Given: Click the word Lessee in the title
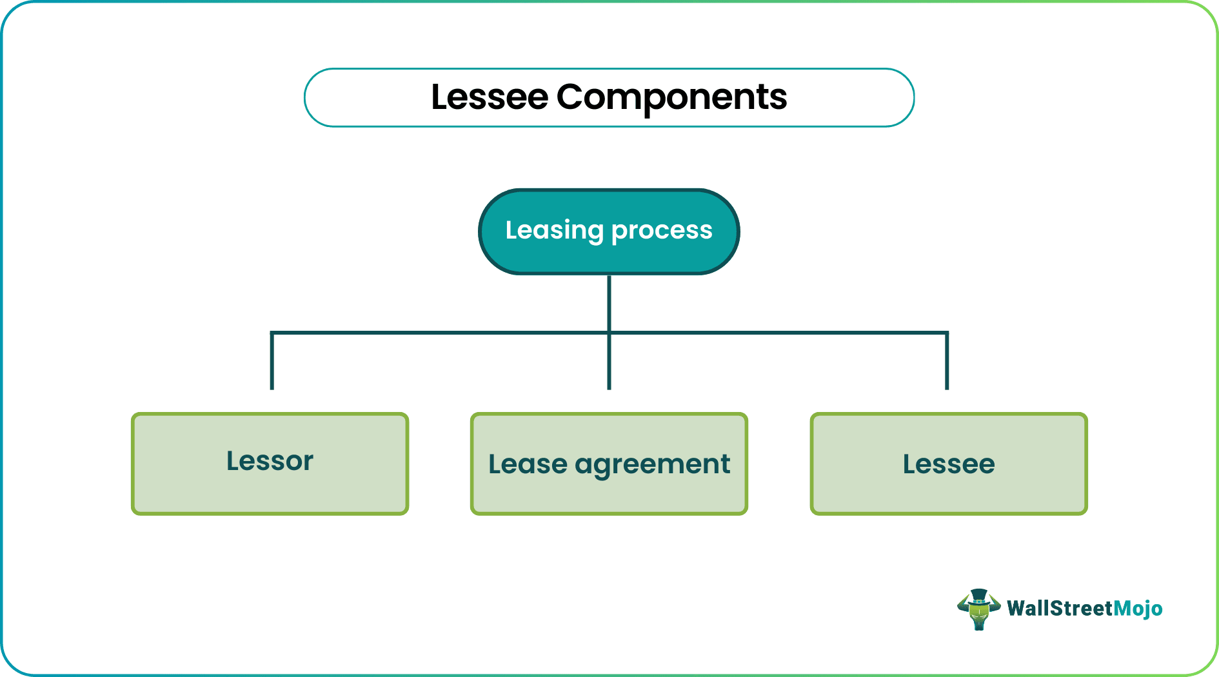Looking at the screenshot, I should click(489, 97).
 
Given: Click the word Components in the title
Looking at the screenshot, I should click(671, 97).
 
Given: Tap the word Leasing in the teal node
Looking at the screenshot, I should click(553, 230).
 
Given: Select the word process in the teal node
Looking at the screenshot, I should click(661, 230).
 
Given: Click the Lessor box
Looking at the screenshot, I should click(270, 463).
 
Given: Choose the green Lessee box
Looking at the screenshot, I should click(948, 464).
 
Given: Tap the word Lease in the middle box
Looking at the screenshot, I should click(528, 464).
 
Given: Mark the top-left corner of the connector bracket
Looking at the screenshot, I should click(272, 333).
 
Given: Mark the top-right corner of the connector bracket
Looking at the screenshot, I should click(947, 333).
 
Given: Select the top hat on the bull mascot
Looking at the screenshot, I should click(978, 595).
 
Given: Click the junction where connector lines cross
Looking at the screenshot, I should click(609, 333).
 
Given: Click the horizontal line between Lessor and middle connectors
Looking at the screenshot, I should click(439, 333).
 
